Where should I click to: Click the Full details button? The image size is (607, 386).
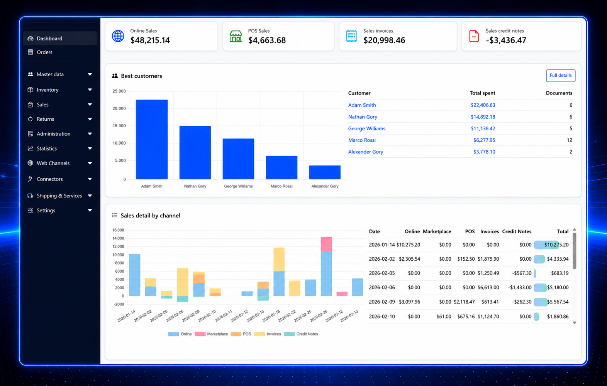560,76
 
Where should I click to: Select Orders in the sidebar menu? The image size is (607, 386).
44,52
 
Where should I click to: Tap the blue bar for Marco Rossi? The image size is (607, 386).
281,168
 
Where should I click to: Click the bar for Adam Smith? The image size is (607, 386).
152,140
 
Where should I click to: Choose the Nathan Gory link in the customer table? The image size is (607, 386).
363,117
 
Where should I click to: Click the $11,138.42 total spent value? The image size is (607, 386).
483,128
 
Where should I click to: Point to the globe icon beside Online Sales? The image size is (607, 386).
118,36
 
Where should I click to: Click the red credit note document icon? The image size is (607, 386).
474,36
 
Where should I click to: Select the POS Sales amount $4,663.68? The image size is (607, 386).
267,40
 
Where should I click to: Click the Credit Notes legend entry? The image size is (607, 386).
301,334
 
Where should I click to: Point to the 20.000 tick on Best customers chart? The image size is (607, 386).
119,108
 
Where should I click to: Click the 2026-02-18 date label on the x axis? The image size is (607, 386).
271,316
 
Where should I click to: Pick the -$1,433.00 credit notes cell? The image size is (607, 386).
520,287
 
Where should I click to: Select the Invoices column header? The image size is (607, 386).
489,231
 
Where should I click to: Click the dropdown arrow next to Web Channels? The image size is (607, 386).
90,163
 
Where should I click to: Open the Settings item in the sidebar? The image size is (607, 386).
46,211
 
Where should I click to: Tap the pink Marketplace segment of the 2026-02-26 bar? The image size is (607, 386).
326,244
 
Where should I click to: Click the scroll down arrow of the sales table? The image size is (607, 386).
574,323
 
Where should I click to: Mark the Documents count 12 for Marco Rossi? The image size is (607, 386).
569,140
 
